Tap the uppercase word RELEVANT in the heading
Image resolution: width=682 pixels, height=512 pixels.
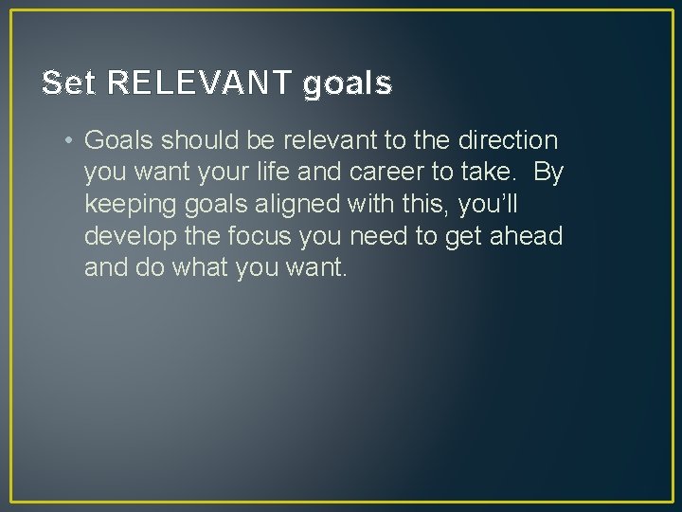202,84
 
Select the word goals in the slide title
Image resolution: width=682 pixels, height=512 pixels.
348,84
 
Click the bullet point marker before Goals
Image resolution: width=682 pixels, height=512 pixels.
70,141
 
